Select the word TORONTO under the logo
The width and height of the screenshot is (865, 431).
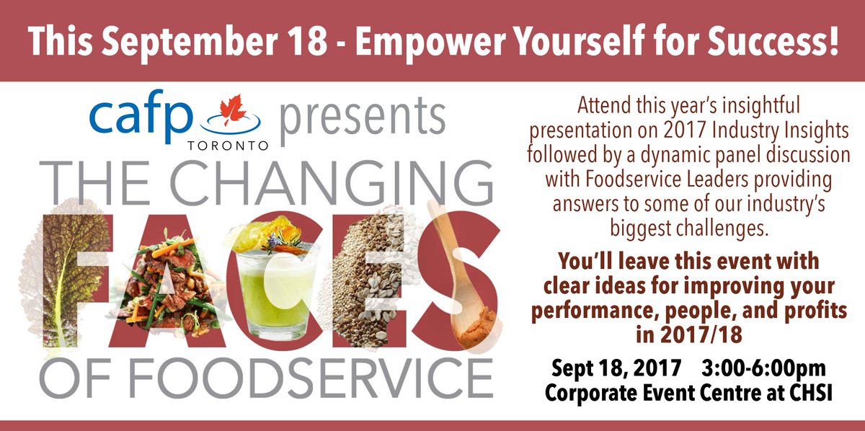(x=229, y=144)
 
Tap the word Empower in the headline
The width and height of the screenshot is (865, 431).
(x=424, y=41)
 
